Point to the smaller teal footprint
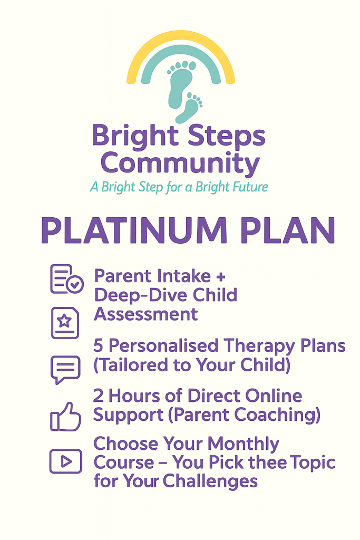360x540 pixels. pos(190,108)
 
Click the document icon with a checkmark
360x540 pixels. pos(66,279)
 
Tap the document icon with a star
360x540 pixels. pos(65,322)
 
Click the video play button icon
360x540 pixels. pos(65,461)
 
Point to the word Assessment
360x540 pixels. pos(145,314)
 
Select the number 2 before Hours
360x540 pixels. pos(99,396)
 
